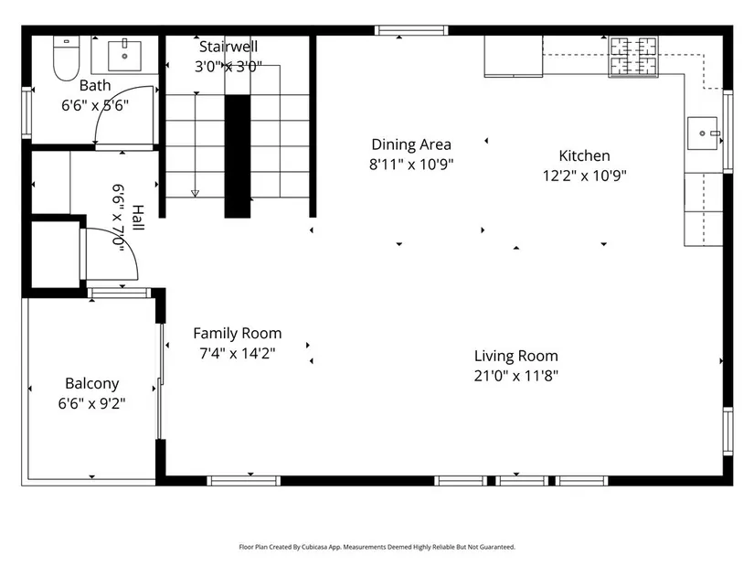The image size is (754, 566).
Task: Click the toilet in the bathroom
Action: (x=66, y=59)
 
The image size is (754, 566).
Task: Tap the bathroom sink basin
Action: (x=124, y=56)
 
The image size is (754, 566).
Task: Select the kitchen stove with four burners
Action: (x=633, y=57)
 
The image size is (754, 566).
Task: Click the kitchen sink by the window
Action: (x=702, y=133)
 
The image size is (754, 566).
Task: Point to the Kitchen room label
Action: (x=584, y=155)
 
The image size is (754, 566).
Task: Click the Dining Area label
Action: (x=411, y=144)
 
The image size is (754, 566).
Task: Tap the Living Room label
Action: (x=516, y=356)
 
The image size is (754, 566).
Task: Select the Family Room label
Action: (x=238, y=334)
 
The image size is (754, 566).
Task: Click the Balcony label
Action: (x=91, y=384)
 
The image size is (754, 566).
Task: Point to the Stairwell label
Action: (x=228, y=47)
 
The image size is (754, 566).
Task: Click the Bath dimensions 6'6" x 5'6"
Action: (x=95, y=105)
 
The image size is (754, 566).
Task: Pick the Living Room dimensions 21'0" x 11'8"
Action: (x=516, y=376)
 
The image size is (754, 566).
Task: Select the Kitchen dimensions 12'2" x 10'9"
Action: (x=584, y=176)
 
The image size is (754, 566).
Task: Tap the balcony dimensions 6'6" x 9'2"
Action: (x=91, y=403)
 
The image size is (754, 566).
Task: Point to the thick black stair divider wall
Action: (x=238, y=156)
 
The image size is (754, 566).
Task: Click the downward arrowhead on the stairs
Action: (x=196, y=194)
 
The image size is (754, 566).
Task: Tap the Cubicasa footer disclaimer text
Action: (x=377, y=547)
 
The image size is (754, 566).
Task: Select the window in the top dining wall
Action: (x=411, y=31)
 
